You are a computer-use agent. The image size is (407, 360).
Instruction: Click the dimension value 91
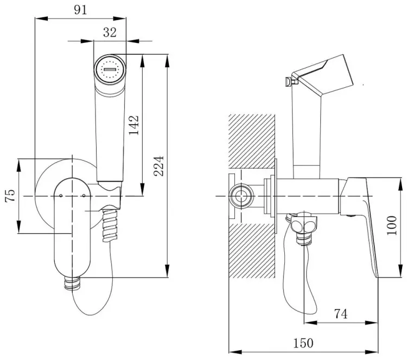point(80,10)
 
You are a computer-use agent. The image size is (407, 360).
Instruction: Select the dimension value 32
point(110,33)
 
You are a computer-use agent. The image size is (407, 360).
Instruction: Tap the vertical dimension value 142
point(134,125)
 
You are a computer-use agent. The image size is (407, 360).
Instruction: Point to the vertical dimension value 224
point(159,166)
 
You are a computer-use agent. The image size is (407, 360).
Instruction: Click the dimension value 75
point(10,196)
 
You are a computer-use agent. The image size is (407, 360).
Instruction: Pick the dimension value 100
point(392,226)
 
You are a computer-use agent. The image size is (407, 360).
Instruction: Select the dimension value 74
point(341,314)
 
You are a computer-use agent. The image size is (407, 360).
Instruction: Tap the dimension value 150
point(303,343)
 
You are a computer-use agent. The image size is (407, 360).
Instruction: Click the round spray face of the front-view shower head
point(110,69)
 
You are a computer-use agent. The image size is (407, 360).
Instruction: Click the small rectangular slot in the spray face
point(110,69)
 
